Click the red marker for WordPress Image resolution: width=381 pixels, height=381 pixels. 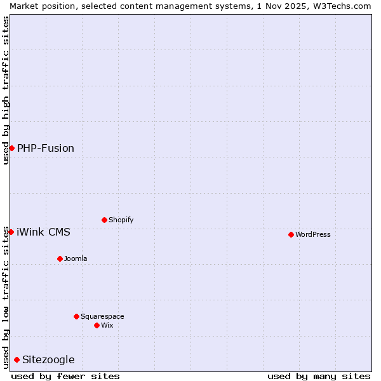point(291,234)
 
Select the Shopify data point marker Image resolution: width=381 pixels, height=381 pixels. point(104,220)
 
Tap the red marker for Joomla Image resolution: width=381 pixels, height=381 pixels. point(60,258)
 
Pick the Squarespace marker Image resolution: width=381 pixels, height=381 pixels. point(76,316)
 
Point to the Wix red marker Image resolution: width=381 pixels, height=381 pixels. point(97,325)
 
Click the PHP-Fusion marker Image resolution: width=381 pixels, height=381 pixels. point(11,148)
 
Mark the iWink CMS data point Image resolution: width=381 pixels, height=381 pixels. point(11,232)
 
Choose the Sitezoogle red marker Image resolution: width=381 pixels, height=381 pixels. point(17,360)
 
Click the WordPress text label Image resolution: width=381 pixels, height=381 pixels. point(313,234)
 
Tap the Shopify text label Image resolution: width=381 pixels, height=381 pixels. point(121,220)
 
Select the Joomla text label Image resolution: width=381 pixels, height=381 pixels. point(76,258)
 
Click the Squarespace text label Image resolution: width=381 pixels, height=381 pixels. point(102,316)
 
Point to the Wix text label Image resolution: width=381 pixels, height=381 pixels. point(107,325)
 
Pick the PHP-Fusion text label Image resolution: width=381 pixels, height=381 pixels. point(46,148)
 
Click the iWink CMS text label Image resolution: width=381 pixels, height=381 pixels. point(43,232)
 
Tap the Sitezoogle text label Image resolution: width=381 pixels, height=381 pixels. point(48,360)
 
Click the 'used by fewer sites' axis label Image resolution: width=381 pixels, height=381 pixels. point(65,376)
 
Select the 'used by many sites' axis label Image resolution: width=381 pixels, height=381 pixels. point(319,376)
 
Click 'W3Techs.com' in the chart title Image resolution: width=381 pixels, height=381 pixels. point(345,6)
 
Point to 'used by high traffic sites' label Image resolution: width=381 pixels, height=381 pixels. point(6,90)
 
